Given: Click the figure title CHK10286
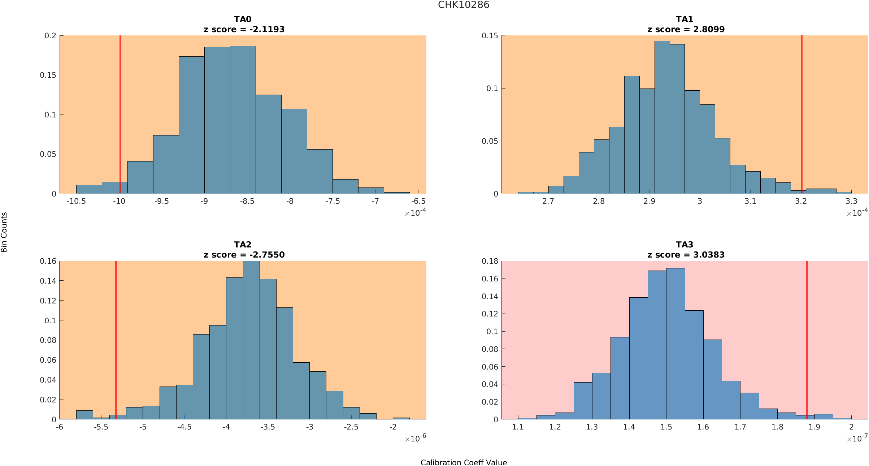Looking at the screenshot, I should (464, 5).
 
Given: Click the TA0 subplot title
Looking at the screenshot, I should (243, 19).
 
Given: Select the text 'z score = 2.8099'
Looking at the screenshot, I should (686, 29).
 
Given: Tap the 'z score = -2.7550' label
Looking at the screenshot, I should (244, 255).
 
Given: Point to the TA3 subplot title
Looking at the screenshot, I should (685, 245).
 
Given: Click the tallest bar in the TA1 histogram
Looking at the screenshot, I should (662, 119).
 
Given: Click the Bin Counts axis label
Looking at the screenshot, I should (4, 232).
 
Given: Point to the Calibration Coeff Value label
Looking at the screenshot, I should (464, 462).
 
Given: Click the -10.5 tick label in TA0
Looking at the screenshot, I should (76, 201).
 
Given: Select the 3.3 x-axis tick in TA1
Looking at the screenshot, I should (851, 201).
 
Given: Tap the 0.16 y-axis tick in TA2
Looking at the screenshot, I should (48, 261).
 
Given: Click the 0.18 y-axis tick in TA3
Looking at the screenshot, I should (490, 261).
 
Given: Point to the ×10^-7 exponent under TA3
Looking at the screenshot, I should (857, 439).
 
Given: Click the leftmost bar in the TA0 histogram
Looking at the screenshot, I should (89, 189).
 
